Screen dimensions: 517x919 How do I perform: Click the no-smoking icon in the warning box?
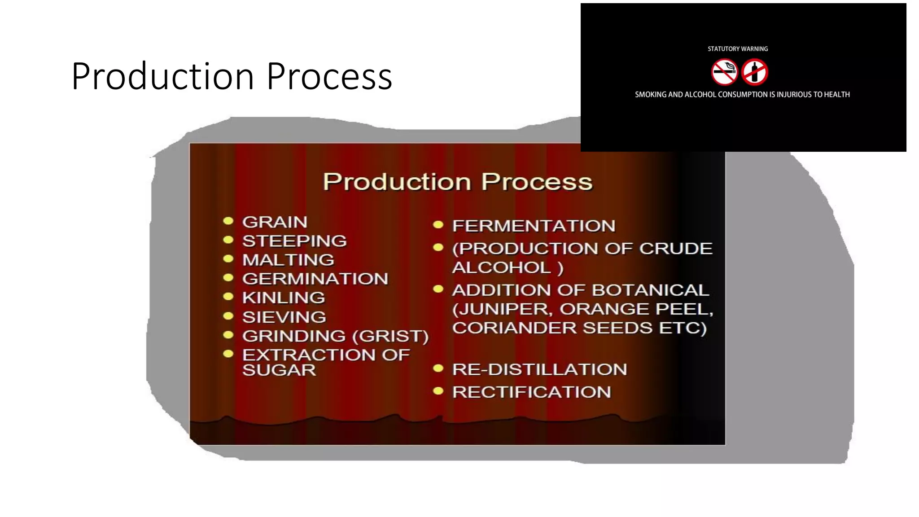724,72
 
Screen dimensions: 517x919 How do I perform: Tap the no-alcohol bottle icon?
754,72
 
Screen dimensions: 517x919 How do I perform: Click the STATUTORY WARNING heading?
737,49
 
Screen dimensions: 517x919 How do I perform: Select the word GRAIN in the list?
275,222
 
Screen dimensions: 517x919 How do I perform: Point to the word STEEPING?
294,241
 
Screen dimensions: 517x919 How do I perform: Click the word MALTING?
288,260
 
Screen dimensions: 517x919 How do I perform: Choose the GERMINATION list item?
315,279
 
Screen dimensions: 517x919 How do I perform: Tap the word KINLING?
284,298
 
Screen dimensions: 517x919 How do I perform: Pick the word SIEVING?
284,317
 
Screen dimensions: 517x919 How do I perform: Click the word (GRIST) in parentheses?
390,336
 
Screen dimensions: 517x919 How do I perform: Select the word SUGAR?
279,370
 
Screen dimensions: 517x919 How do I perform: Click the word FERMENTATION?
534,226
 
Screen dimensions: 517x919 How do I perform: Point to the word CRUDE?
676,249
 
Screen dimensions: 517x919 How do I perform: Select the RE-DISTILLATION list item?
539,369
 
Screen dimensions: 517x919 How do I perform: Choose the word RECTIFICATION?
531,392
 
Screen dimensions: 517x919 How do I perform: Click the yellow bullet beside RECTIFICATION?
438,391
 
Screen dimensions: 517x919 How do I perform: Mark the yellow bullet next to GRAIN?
228,221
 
